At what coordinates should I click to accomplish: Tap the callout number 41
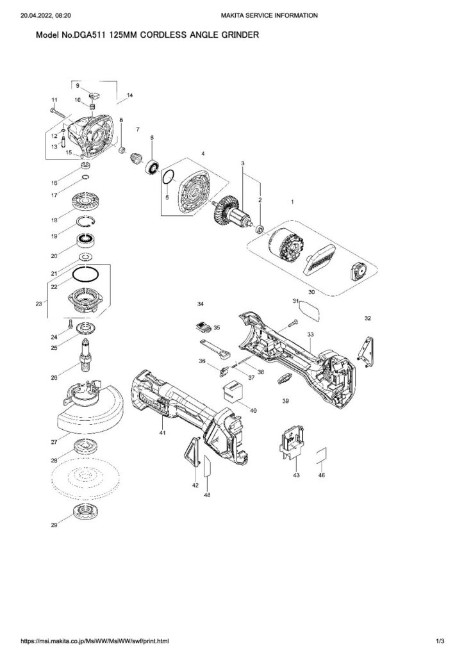pos(162,434)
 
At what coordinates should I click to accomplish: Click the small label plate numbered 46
pos(322,455)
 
